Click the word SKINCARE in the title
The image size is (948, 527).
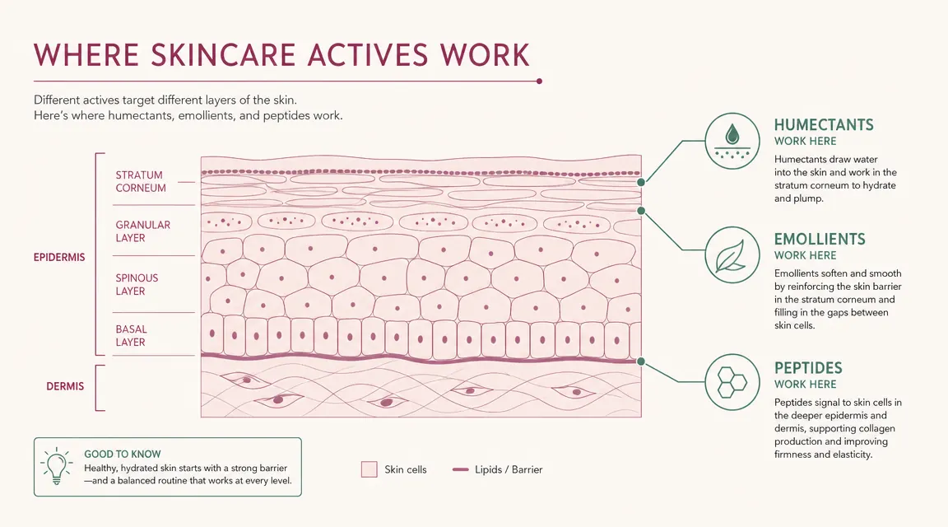tap(223, 55)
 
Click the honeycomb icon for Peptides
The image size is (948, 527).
tap(732, 382)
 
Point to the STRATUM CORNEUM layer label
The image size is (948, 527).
tap(140, 181)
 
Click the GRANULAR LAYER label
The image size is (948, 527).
tap(142, 231)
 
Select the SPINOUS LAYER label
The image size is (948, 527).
tap(137, 284)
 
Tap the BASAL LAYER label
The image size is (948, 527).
tap(131, 336)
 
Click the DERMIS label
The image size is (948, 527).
tap(65, 387)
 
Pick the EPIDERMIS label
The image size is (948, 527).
tap(59, 257)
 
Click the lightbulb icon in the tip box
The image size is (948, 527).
tap(56, 466)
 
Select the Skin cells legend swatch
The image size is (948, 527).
tap(369, 469)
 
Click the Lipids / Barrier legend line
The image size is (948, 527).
tap(461, 469)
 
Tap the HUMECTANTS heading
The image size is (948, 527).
tap(824, 125)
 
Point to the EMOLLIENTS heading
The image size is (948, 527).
tap(820, 239)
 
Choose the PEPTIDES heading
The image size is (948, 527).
tap(808, 368)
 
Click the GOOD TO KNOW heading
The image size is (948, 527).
tap(122, 454)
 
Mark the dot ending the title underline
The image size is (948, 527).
tap(539, 81)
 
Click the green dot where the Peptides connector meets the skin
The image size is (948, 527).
tap(641, 361)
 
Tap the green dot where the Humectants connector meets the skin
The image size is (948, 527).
tap(641, 182)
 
